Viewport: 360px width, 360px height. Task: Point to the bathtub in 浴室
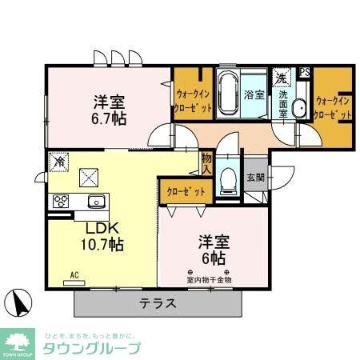(x=229, y=94)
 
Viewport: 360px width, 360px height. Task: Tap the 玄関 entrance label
(x=255, y=177)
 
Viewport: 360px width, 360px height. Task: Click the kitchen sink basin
(x=95, y=201)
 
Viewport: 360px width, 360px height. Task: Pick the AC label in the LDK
(x=74, y=275)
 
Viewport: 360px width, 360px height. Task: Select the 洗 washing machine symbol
(x=282, y=78)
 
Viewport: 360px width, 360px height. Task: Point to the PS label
(x=304, y=71)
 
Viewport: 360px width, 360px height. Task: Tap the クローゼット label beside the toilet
(x=186, y=192)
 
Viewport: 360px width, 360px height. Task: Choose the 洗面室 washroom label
(x=284, y=105)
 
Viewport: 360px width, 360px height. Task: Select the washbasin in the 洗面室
(x=300, y=110)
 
